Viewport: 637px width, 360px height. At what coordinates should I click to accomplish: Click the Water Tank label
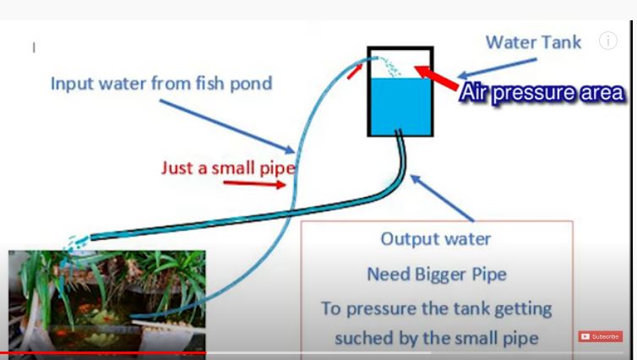(x=533, y=42)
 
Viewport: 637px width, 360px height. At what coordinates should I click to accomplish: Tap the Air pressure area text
(x=542, y=93)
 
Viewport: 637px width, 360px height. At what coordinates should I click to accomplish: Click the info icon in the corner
(x=608, y=41)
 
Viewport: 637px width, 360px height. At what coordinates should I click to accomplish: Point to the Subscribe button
(x=601, y=336)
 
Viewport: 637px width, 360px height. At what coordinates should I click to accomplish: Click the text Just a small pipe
(x=228, y=168)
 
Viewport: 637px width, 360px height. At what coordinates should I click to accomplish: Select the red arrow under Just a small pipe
(x=255, y=184)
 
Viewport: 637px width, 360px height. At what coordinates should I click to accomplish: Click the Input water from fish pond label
(x=161, y=84)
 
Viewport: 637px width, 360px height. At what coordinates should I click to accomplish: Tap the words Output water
(x=436, y=239)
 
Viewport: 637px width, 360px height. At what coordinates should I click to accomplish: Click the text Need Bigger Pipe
(x=437, y=275)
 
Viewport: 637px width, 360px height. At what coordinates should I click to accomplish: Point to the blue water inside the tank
(x=400, y=106)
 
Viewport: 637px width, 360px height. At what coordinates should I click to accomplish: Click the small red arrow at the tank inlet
(x=355, y=72)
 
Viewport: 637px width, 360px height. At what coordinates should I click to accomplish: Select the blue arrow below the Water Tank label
(x=498, y=68)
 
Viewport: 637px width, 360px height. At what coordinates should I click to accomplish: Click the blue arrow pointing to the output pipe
(x=442, y=198)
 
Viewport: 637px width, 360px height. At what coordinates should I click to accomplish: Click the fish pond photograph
(x=106, y=302)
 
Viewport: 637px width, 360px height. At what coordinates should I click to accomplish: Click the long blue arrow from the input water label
(x=227, y=127)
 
